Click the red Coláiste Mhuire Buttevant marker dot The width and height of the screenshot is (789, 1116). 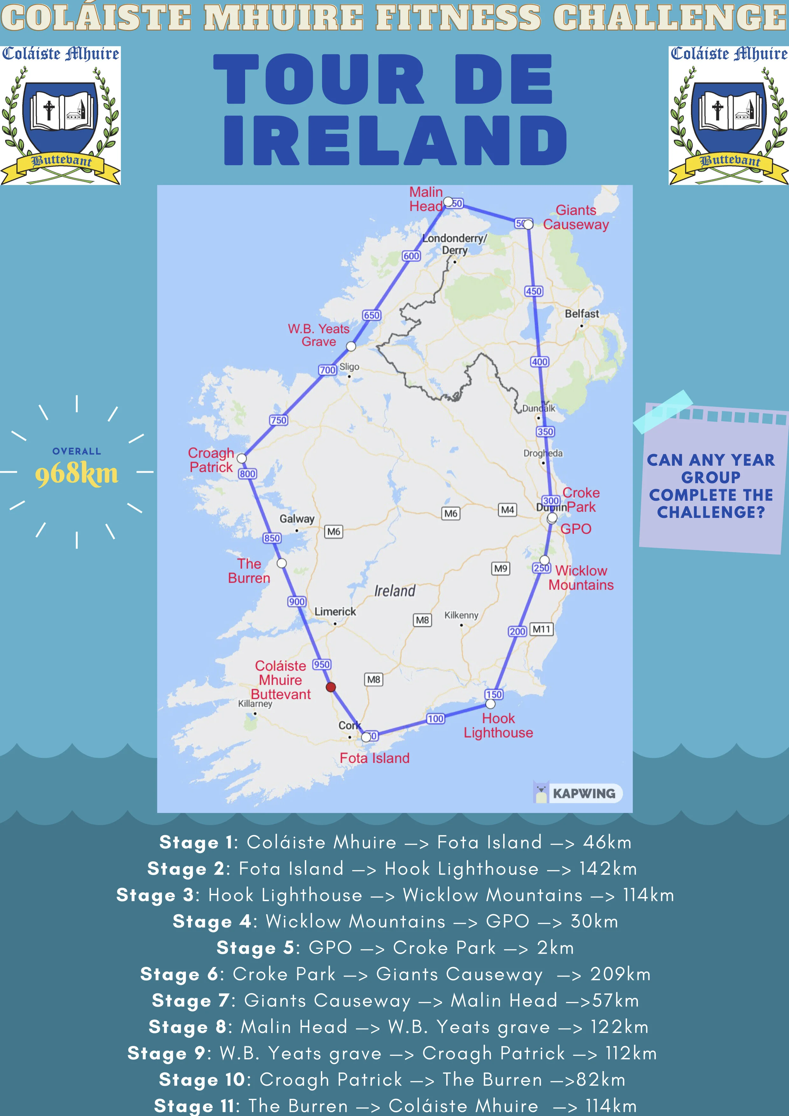(x=331, y=687)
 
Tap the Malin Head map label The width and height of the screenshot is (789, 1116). (x=426, y=199)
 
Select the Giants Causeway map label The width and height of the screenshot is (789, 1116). (x=576, y=217)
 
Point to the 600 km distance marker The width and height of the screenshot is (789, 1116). (x=411, y=256)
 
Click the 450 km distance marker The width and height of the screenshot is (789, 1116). (x=533, y=291)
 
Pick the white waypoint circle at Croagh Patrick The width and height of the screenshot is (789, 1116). (x=242, y=458)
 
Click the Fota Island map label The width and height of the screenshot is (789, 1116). (x=374, y=758)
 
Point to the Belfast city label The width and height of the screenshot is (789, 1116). (x=581, y=314)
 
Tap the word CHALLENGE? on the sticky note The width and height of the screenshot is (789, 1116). (x=711, y=512)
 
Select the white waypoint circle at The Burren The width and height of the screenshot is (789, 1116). (x=281, y=563)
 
